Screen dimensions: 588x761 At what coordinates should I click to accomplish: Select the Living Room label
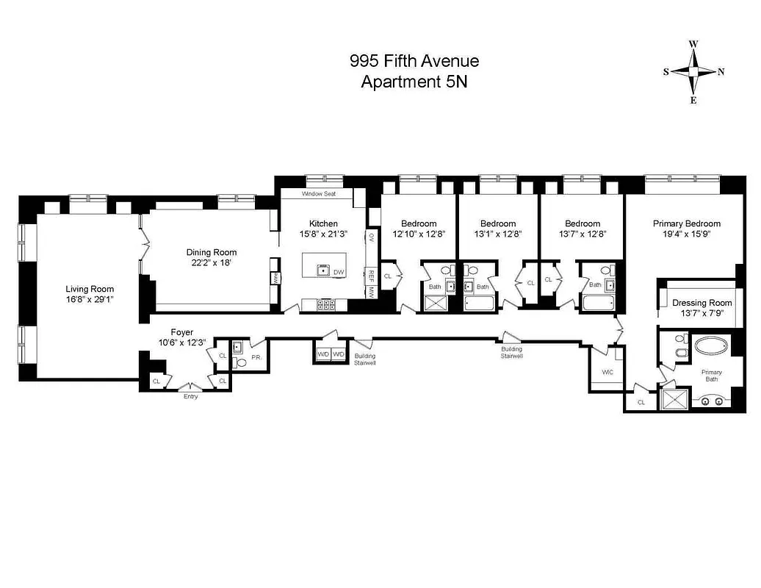(x=90, y=289)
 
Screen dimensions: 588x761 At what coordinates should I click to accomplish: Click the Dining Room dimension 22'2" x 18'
(x=212, y=263)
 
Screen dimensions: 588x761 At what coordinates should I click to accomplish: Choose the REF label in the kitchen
(x=372, y=274)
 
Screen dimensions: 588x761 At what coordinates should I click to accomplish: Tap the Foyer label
(x=182, y=332)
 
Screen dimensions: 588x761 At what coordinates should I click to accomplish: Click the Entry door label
(x=191, y=397)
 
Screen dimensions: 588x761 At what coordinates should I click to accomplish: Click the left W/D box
(x=322, y=354)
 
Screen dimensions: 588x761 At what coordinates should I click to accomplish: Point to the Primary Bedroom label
(x=686, y=223)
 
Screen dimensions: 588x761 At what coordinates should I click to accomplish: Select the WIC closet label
(x=607, y=373)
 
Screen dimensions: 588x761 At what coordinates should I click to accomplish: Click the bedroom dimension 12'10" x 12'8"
(x=419, y=234)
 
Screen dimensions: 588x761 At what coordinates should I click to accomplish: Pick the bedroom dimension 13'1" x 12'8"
(x=498, y=234)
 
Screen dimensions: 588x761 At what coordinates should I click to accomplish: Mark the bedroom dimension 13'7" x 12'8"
(x=583, y=234)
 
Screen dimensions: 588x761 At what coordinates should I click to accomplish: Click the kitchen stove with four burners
(x=326, y=304)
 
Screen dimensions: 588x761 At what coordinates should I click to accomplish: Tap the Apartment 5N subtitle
(x=414, y=82)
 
